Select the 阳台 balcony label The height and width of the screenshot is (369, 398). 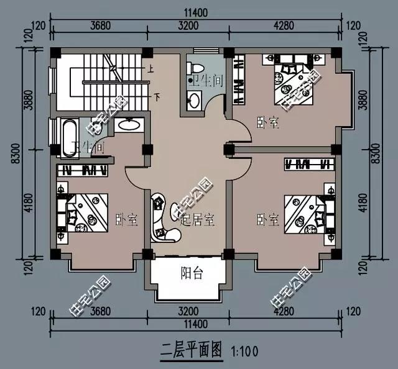tap(192, 273)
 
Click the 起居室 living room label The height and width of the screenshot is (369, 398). tap(198, 219)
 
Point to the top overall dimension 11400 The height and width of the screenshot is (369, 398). tap(196, 12)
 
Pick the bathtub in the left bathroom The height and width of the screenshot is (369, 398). tap(68, 135)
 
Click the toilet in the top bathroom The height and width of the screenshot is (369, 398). tap(194, 67)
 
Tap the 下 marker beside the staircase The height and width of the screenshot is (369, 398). tap(157, 97)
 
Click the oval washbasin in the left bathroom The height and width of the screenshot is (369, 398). tap(129, 124)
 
